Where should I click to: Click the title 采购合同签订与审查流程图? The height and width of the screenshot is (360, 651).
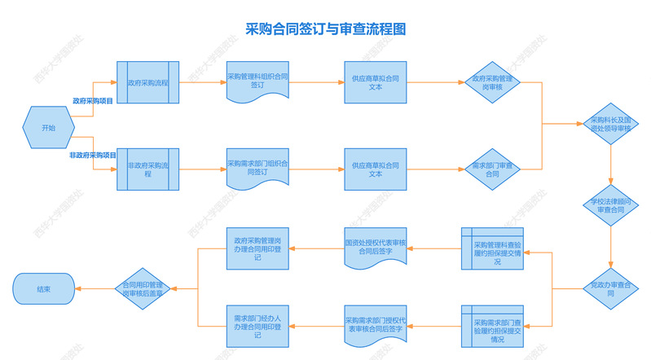click(325, 29)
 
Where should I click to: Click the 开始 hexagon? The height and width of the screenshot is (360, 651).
click(49, 128)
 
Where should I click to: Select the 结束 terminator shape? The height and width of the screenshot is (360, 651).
click(44, 288)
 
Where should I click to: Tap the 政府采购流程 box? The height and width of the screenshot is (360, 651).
click(147, 82)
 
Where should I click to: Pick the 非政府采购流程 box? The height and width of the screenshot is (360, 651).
click(147, 169)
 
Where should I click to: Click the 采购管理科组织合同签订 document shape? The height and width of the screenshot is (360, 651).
click(257, 81)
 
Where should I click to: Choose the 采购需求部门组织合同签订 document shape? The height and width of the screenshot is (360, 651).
click(257, 168)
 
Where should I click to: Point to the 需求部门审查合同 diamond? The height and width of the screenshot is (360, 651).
click(492, 169)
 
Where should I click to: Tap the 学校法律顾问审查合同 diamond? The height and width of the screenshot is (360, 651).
click(610, 204)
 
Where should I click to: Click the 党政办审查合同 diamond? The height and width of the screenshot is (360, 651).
click(610, 288)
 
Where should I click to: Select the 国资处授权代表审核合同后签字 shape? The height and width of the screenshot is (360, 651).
click(375, 248)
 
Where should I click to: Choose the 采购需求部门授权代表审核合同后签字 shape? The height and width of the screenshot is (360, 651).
click(375, 325)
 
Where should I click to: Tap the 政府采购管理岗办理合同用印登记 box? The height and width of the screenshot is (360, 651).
click(257, 248)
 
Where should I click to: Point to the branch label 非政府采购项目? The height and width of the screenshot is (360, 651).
click(92, 155)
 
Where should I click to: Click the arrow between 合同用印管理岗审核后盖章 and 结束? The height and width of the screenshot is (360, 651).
click(95, 288)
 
